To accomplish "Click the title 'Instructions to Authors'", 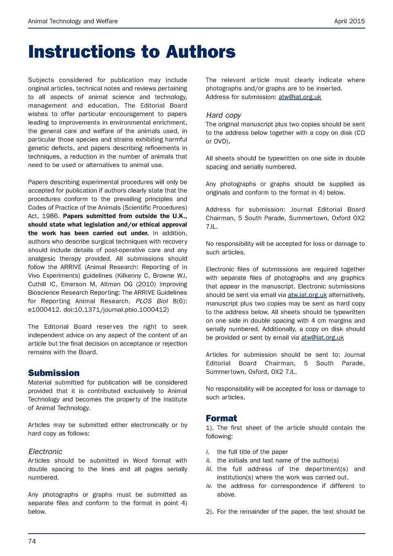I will point(131,52).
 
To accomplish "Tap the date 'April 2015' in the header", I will point(349,21).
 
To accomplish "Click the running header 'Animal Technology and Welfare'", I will point(72,21).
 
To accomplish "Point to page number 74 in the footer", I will point(32,541).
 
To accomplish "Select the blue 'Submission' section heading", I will point(54,373).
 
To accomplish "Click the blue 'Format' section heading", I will point(221,418).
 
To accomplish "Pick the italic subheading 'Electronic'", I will point(45,452).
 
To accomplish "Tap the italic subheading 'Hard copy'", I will point(223,115).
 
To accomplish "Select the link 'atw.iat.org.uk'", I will point(307,295).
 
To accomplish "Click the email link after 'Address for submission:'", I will point(300,97).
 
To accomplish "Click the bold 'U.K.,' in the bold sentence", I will point(179,216).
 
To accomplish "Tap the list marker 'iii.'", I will point(210,469).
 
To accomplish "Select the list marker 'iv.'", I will point(210,486).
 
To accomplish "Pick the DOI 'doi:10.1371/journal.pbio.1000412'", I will point(116,310).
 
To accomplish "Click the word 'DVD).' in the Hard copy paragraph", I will point(221,142).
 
